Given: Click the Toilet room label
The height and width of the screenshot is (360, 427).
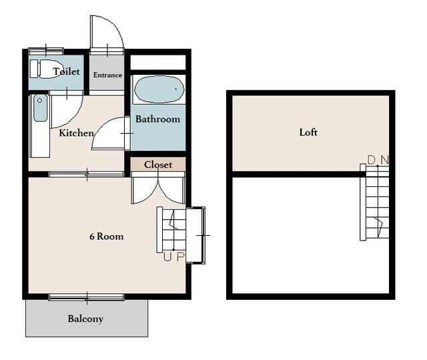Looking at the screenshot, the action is tap(66, 71).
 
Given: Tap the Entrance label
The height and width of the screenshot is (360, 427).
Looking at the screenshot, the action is tap(107, 75).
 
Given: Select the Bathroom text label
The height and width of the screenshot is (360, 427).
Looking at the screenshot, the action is tap(157, 120).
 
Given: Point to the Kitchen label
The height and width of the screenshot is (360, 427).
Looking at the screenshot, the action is tap(77, 133).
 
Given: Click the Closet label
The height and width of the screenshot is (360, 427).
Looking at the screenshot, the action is tap(158, 164).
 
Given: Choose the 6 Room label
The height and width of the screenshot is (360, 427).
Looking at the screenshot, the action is tap(107, 236).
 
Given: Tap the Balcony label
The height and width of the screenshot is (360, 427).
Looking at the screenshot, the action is tap(85, 319).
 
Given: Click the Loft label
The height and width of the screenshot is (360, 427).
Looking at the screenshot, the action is tap(308, 132).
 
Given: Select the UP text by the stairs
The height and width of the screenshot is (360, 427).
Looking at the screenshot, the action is tap(174, 256).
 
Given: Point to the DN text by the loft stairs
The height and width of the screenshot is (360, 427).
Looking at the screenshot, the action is tap(378, 160).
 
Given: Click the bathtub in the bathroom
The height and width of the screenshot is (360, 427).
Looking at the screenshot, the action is tap(159, 89).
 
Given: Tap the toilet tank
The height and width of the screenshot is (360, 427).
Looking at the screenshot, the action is tap(34, 69).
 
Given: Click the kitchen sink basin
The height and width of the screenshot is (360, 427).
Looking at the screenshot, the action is tap(40, 108).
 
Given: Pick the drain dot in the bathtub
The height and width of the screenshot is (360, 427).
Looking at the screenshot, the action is tap(176, 89).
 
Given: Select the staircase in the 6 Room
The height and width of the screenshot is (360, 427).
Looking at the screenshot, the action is tap(171, 230).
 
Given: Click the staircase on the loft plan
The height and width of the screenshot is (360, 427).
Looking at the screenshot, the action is tap(374, 202).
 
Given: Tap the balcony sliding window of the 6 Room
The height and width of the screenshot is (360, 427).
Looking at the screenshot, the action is tap(87, 297).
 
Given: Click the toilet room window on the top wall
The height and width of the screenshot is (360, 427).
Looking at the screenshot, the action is tap(46, 51).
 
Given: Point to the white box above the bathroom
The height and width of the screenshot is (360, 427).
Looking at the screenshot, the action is tap(158, 62).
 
